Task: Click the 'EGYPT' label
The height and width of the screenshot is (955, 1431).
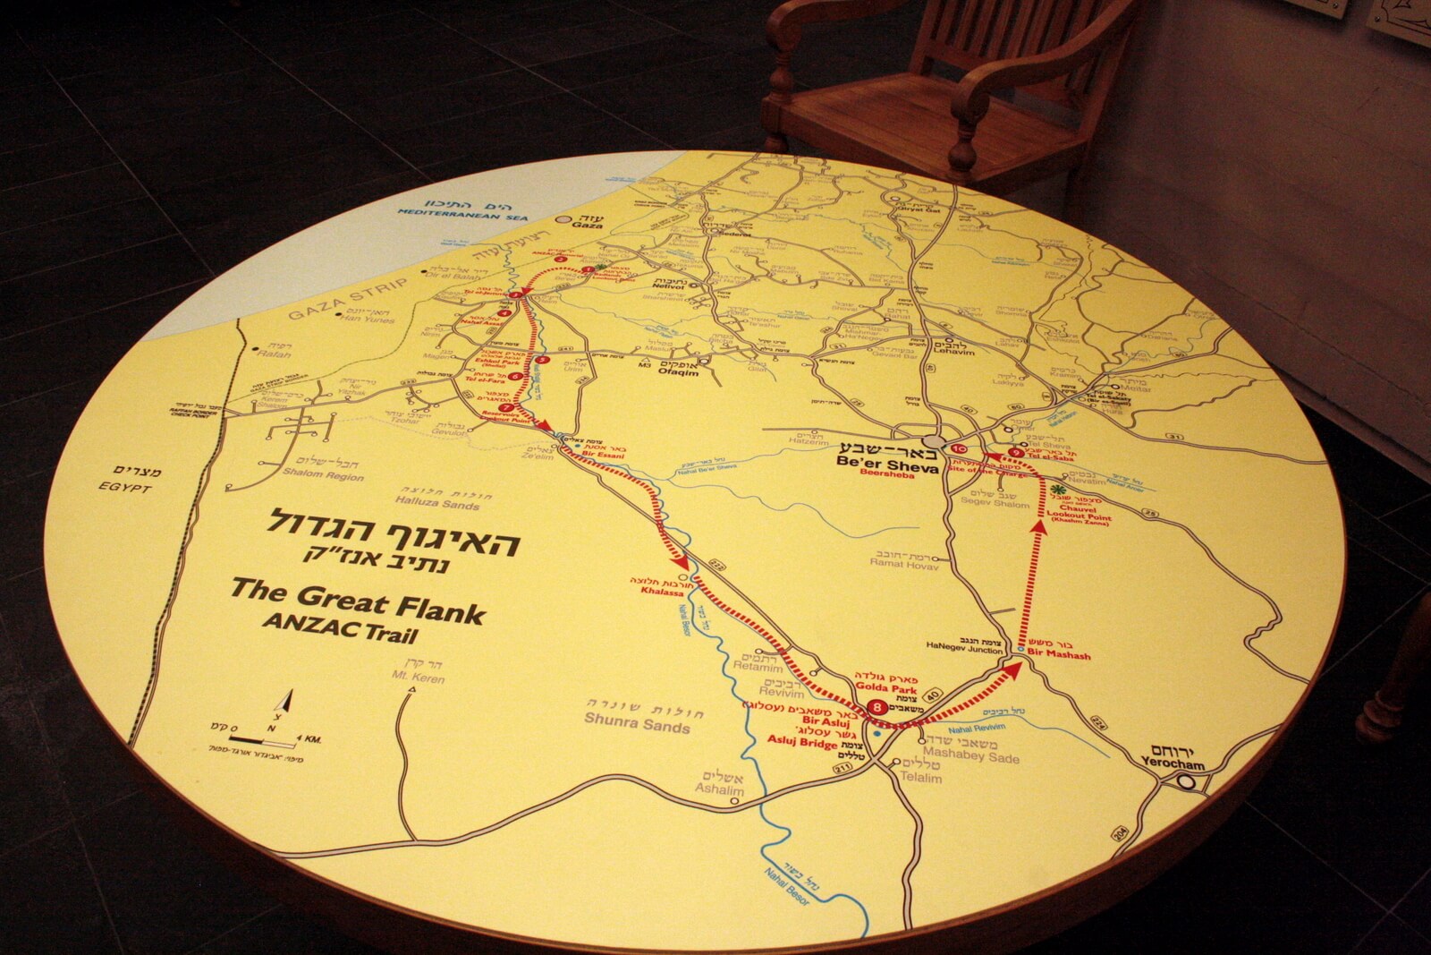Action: tap(128, 489)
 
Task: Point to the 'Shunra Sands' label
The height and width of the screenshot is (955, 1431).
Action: tap(635, 721)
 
